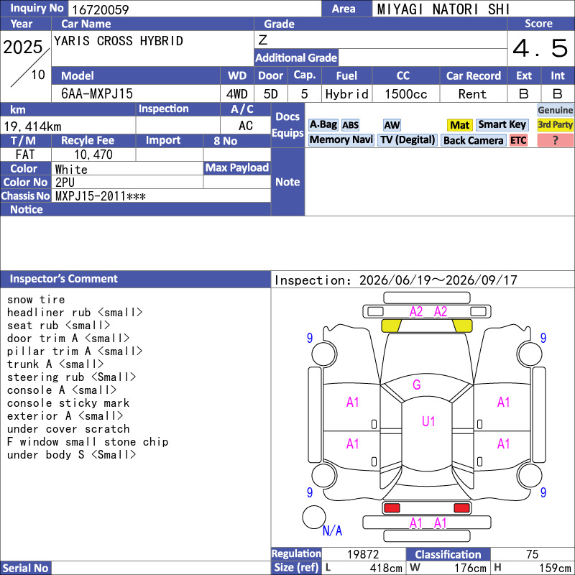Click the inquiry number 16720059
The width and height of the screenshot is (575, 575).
(101, 9)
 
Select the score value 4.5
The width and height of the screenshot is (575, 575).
(540, 48)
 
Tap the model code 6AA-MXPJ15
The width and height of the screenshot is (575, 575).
(97, 94)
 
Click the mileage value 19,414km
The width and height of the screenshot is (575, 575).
(32, 126)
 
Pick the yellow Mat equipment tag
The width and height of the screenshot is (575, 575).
(459, 125)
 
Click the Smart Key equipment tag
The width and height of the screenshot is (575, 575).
(502, 124)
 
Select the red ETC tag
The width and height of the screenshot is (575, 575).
(518, 140)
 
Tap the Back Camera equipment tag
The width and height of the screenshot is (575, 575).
(473, 140)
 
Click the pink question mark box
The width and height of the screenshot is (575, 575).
(555, 140)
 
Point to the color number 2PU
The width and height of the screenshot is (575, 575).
(65, 183)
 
